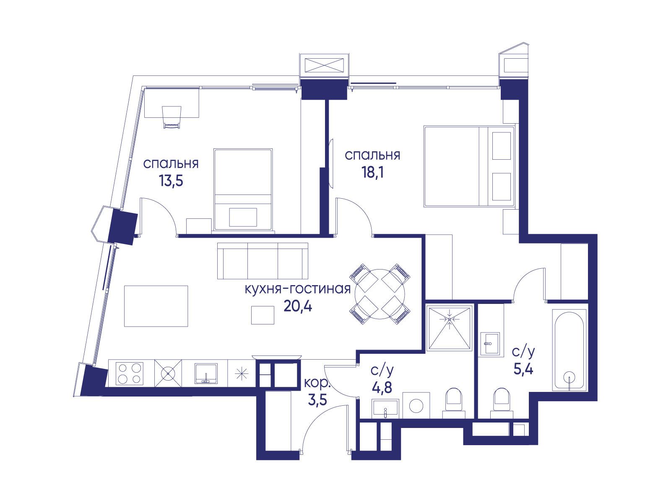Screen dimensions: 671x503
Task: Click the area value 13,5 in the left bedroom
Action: click(171, 181)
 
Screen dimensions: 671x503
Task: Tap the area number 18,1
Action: click(373, 172)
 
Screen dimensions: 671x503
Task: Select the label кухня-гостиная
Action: click(298, 289)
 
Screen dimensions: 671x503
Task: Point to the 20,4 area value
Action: click(298, 306)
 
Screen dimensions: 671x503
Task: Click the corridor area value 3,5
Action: click(317, 400)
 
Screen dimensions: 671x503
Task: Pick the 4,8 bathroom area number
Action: click(382, 388)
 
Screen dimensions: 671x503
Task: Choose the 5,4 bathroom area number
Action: click(523, 370)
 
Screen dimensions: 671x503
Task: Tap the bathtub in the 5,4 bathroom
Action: click(570, 350)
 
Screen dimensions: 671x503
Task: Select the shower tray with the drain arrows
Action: click(450, 328)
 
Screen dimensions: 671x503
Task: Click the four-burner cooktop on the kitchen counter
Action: click(130, 373)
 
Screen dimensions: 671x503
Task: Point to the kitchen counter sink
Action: click(206, 373)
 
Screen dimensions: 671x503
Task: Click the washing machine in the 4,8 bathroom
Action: click(416, 405)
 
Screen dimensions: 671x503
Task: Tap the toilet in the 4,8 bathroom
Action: click(454, 403)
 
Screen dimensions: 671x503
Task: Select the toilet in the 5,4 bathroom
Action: click(502, 403)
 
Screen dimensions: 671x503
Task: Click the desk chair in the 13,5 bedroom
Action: click(172, 117)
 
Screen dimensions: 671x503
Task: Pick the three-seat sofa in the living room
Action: click(263, 261)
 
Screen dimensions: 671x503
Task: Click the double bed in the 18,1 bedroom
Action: click(470, 166)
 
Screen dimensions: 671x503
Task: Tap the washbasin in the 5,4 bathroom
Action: click(490, 344)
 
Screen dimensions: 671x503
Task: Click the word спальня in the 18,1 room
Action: click(372, 156)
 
